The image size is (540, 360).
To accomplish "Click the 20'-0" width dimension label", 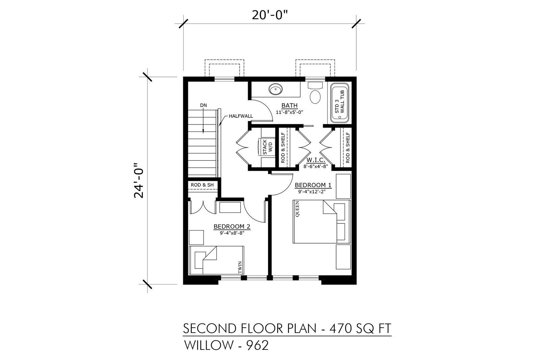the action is [270, 15].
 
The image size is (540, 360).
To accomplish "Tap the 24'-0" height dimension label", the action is [139, 180].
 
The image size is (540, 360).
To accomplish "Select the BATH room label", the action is [289, 106].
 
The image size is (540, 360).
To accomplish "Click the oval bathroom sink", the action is [275, 89].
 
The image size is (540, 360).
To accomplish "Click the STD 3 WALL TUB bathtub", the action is [340, 103].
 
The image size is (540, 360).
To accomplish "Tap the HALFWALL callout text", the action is [241, 116].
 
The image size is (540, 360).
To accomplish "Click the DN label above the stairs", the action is [203, 105].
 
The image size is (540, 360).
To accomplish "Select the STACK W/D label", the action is [267, 147].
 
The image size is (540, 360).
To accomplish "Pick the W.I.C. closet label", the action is [316, 160].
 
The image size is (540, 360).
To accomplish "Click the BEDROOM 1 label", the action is [313, 185].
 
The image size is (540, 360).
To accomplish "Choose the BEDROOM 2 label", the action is [232, 226].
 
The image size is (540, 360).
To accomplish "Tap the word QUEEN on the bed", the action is [297, 209].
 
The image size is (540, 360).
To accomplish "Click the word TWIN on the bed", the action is [240, 267].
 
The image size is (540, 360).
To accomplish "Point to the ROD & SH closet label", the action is [202, 185].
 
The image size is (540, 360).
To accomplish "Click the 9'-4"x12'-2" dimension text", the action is [312, 192].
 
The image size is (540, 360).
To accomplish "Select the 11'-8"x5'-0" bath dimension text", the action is [289, 112].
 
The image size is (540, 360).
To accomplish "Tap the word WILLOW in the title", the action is [209, 345].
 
